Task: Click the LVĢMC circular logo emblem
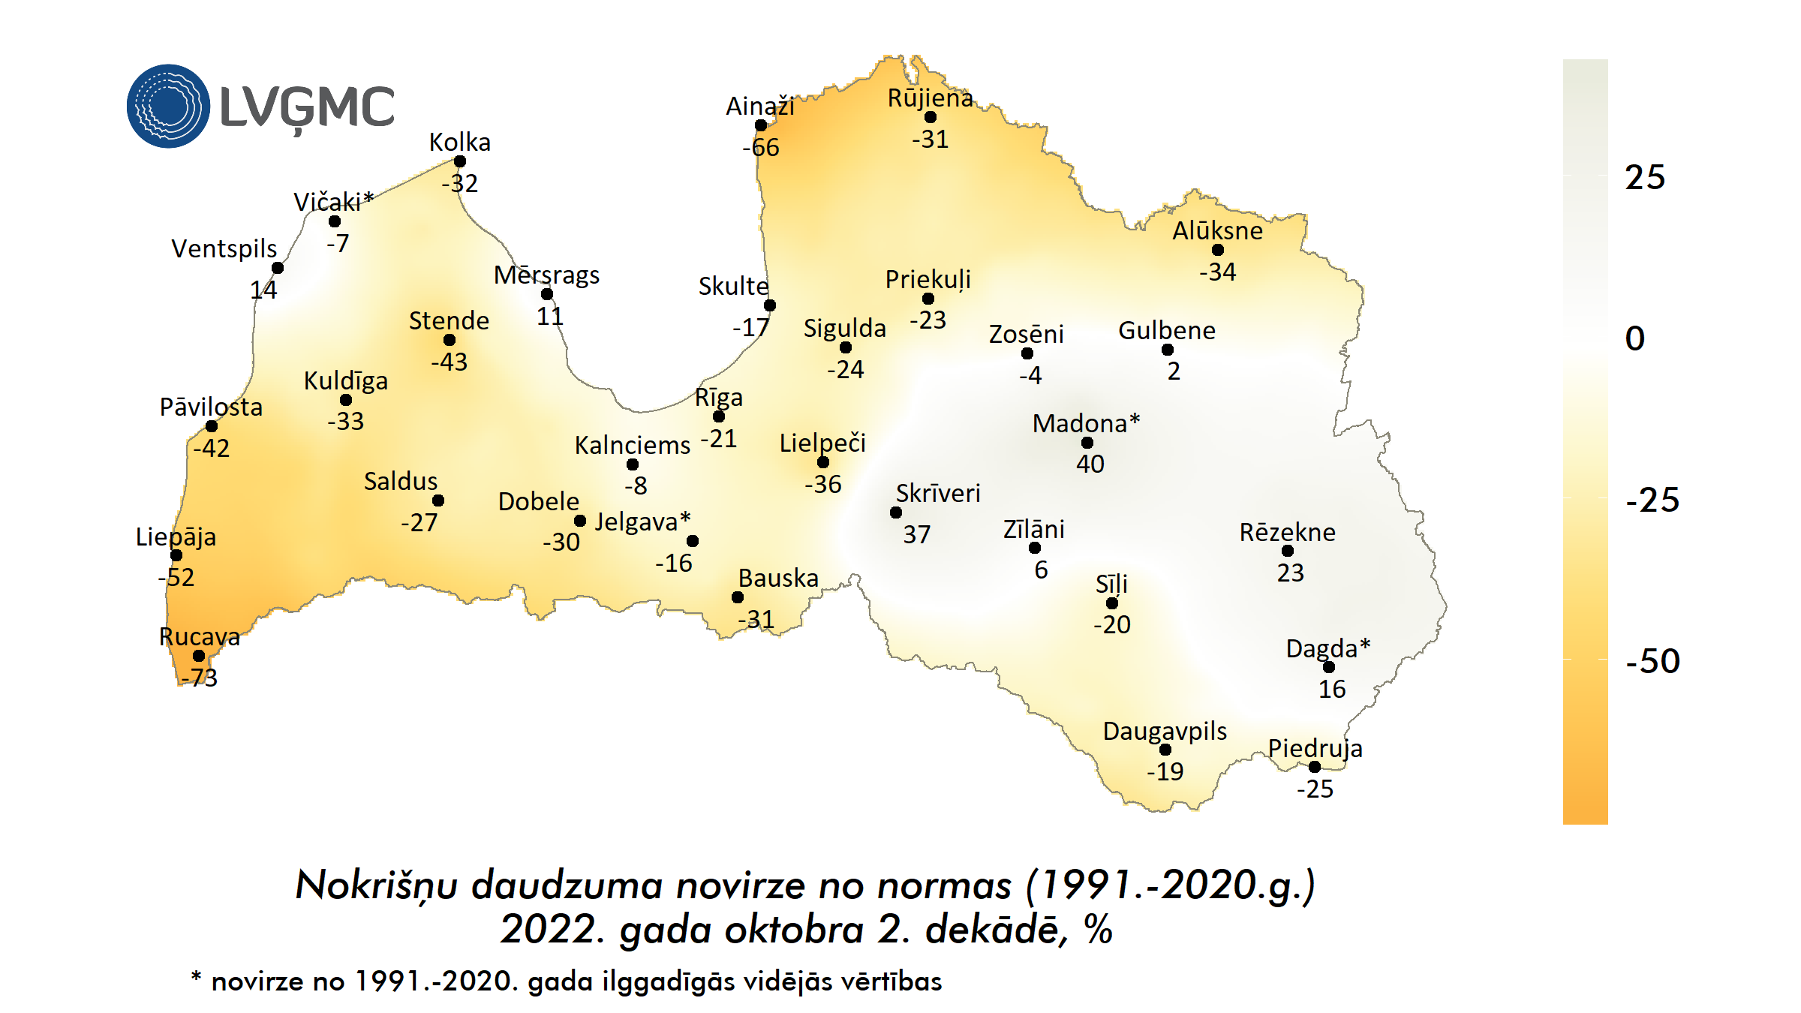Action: click(168, 106)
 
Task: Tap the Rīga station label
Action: click(718, 398)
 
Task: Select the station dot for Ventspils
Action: click(278, 268)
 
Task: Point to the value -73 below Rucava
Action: click(199, 678)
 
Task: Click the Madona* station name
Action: click(1086, 423)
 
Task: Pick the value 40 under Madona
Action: click(1090, 464)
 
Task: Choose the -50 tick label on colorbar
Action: click(1652, 661)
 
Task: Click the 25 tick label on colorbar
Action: click(1645, 178)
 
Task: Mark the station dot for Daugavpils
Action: click(1165, 750)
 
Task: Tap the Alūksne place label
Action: click(1217, 230)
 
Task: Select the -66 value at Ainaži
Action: click(761, 147)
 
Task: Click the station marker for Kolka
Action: click(460, 161)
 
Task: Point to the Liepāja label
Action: click(176, 537)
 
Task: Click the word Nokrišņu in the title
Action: click(377, 885)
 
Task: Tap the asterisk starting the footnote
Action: click(196, 977)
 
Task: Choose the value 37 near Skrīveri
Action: click(916, 534)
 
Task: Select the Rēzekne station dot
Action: click(1288, 551)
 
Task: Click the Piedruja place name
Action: click(1315, 748)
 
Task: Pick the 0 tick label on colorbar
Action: click(1635, 338)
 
